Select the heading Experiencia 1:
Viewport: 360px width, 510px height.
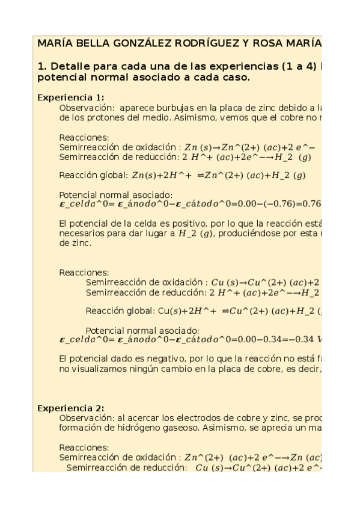click(x=71, y=97)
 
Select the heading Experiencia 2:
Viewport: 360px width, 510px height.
click(x=71, y=408)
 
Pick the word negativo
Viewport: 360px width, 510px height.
click(x=162, y=358)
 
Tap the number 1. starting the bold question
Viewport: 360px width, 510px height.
click(x=42, y=66)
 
